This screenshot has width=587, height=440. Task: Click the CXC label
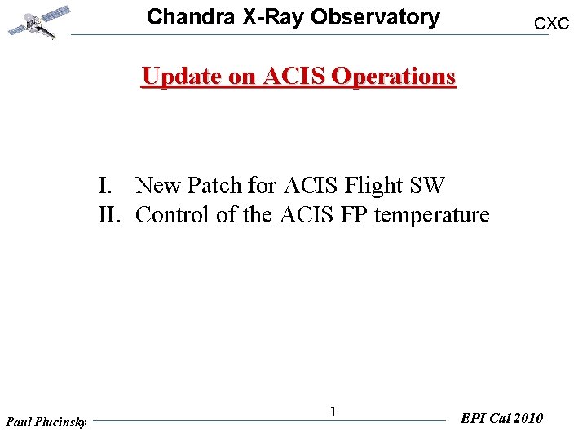coord(551,24)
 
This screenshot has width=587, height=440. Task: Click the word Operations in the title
coord(394,76)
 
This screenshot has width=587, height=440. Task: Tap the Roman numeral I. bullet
coord(106,186)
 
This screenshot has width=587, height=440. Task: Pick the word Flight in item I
coord(373,186)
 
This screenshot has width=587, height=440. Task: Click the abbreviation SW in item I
coord(427,186)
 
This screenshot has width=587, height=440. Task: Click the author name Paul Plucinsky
coord(46,422)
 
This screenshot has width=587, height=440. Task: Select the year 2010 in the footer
coord(527,418)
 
